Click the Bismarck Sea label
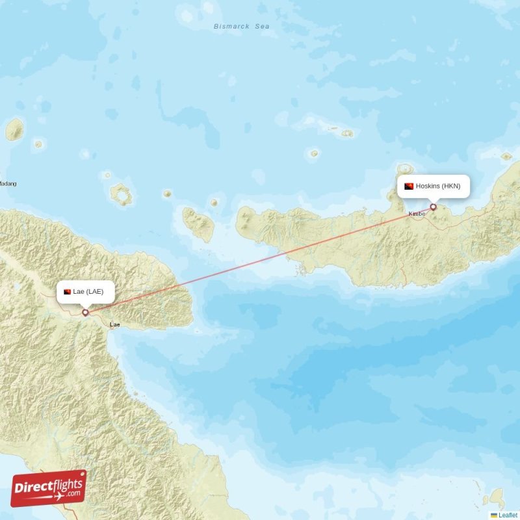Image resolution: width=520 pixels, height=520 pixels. [x=242, y=27]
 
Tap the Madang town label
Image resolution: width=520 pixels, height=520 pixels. [x=7, y=184]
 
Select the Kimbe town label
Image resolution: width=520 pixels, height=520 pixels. [x=417, y=214]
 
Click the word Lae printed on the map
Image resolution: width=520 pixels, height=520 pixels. [x=115, y=324]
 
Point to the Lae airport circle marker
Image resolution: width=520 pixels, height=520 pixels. [x=85, y=312]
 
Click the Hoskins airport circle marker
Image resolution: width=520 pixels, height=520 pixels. [x=434, y=207]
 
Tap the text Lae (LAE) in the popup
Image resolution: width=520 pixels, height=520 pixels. [x=88, y=291]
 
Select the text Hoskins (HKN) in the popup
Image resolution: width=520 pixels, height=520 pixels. [x=438, y=186]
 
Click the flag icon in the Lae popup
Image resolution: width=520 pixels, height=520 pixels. [x=67, y=291]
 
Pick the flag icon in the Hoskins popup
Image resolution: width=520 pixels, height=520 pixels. [x=409, y=187]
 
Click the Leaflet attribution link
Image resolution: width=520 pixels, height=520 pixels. [x=508, y=515]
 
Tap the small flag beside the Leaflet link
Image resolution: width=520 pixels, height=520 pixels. [x=494, y=515]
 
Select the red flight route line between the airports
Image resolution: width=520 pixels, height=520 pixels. [x=260, y=259]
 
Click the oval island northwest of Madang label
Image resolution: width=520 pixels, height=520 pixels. [x=14, y=130]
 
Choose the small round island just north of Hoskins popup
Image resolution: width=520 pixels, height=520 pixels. [x=405, y=169]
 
